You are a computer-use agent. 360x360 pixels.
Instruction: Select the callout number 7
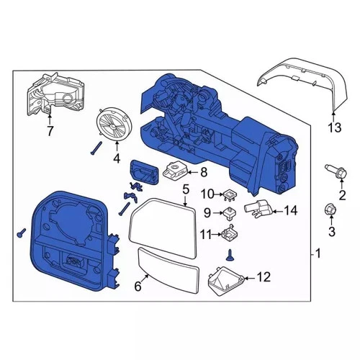point(50,131)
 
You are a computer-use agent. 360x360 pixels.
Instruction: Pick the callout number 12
point(264,276)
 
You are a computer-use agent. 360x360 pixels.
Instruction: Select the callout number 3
point(332,231)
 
